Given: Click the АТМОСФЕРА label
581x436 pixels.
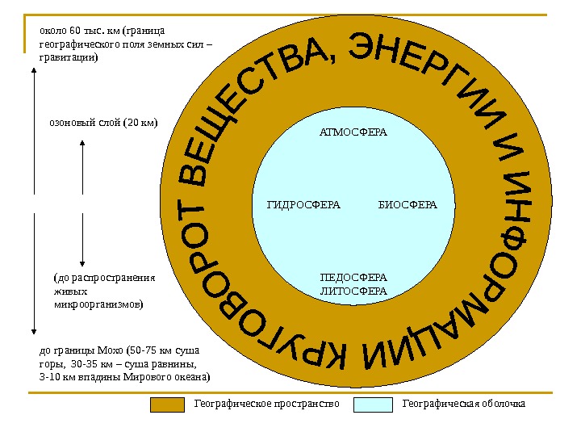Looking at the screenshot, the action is (353, 132).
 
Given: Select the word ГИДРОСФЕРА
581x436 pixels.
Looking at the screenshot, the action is (303, 204).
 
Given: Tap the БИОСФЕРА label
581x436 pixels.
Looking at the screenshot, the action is (407, 204).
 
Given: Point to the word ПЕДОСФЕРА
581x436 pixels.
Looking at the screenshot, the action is (353, 278).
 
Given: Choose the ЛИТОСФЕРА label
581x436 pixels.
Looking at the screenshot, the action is (353, 291).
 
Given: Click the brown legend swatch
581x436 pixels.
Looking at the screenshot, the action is (167, 404).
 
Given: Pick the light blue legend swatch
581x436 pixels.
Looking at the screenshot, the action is (374, 404).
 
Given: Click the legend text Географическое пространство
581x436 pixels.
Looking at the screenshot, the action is (265, 403).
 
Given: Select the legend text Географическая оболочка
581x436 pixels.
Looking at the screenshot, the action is (463, 403).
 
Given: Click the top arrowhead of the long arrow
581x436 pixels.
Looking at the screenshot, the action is (33, 70).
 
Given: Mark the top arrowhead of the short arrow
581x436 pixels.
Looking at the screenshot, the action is (83, 142).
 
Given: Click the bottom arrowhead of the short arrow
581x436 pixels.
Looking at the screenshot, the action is (83, 261).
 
